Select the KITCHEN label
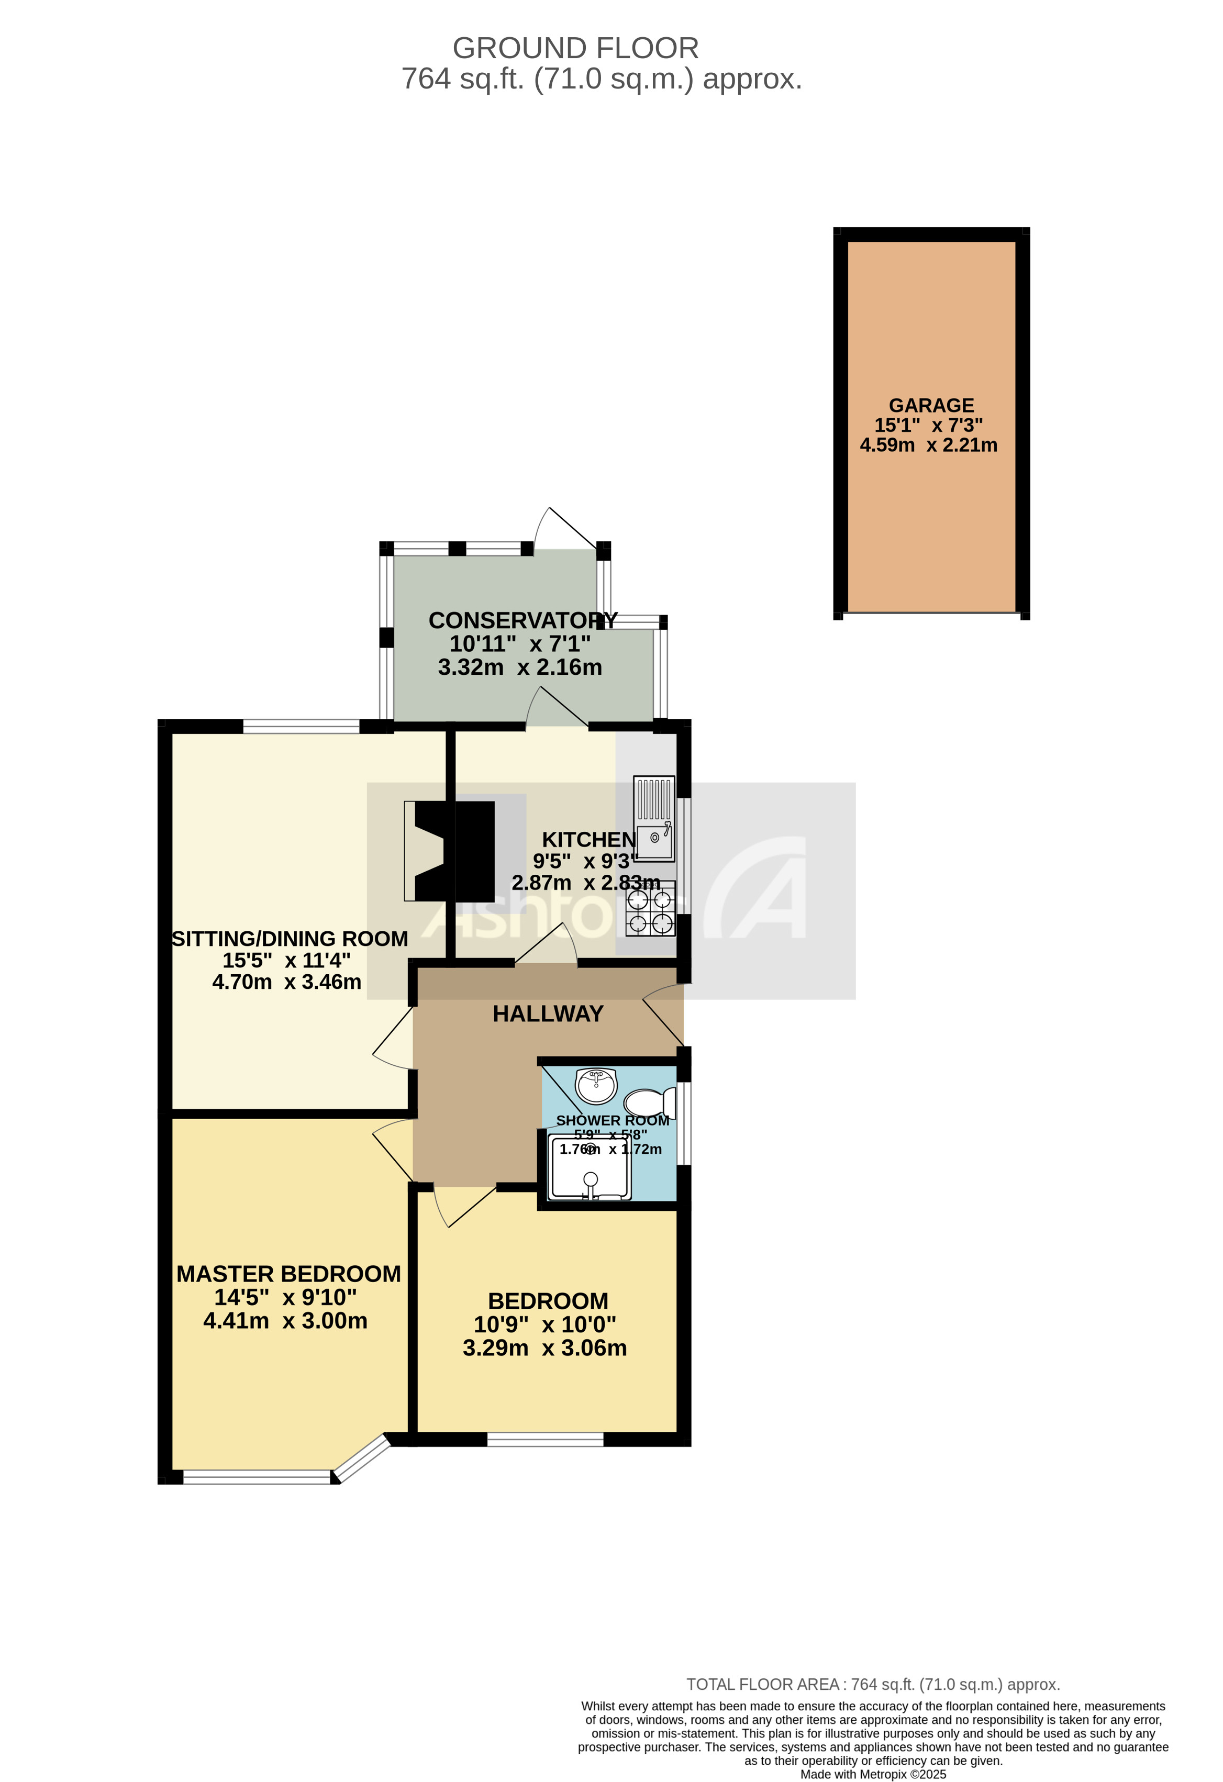[x=588, y=840]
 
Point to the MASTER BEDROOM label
[x=288, y=1274]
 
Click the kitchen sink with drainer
[x=654, y=817]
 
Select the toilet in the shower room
[x=649, y=1104]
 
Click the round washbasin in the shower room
[x=596, y=1086]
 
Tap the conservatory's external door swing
[x=563, y=528]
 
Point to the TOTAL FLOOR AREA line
[x=873, y=1685]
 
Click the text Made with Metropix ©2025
[x=873, y=1774]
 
